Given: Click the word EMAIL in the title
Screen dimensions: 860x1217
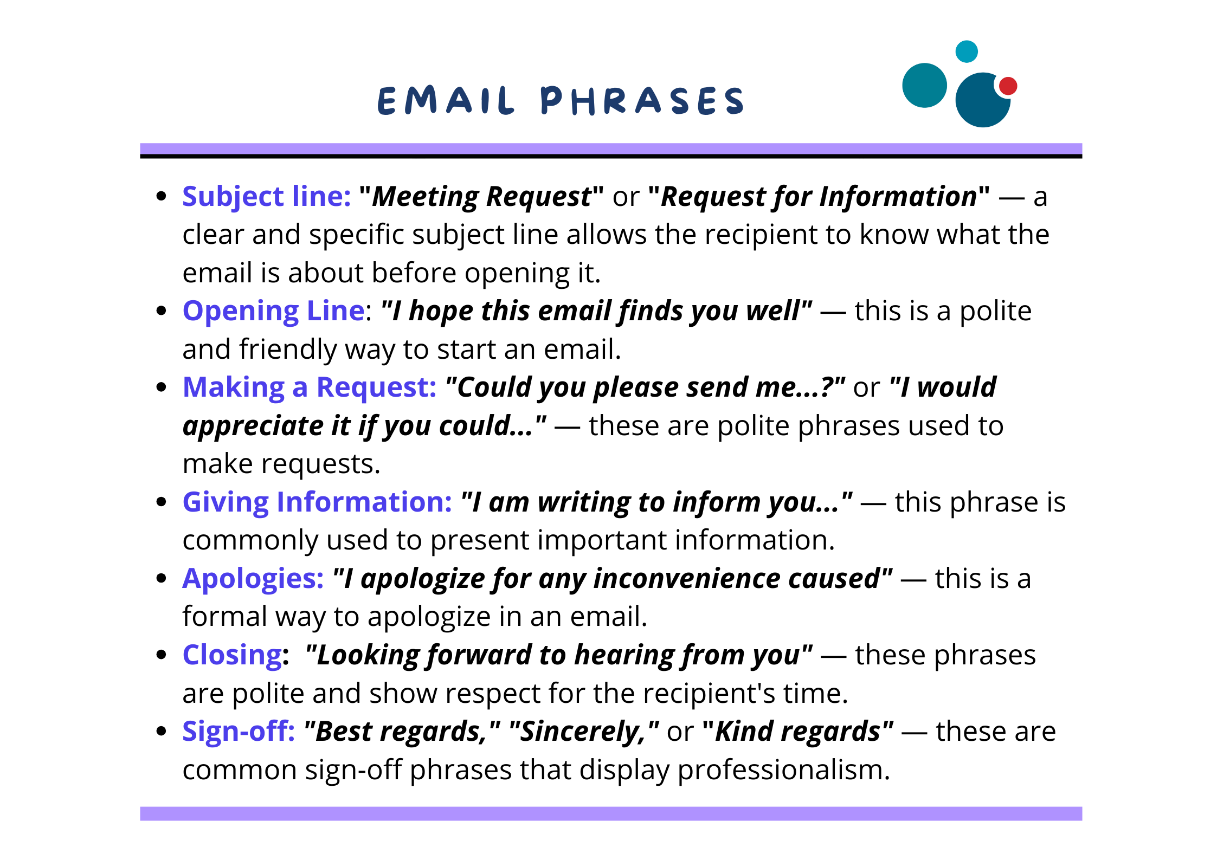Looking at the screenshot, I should (446, 101).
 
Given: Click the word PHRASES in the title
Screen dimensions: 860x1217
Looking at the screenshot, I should (642, 101).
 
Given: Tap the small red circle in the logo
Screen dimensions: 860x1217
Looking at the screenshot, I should (1008, 86).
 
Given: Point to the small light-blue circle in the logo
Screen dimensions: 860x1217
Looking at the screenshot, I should (966, 51).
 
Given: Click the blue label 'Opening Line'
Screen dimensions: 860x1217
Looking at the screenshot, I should (273, 311).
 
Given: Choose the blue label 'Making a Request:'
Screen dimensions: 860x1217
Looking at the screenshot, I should (310, 387).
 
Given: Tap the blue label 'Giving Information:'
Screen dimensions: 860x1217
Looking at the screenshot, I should (317, 502).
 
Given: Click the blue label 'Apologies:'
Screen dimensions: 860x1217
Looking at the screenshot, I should (253, 579).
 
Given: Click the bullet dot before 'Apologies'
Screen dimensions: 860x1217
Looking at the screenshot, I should (161, 579).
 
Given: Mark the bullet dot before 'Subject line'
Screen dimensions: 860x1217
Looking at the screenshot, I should (161, 196).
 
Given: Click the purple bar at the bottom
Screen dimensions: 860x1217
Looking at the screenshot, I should (611, 813).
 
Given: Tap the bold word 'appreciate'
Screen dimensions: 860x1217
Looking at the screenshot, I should (253, 426).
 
